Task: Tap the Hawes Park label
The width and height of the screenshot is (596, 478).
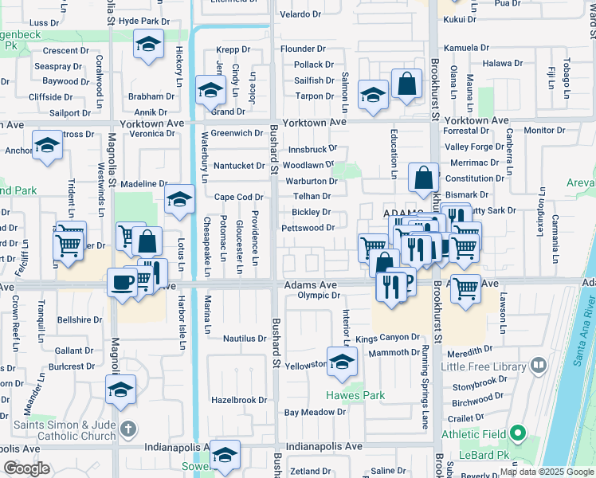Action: pos(355,395)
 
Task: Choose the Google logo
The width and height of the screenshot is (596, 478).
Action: pos(26,469)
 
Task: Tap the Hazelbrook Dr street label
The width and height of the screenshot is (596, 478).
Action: pos(239,400)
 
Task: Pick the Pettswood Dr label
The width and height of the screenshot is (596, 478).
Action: pos(308,228)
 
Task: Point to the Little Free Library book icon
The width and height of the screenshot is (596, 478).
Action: pos(539,366)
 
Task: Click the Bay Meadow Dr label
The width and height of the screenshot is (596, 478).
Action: pos(315,412)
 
